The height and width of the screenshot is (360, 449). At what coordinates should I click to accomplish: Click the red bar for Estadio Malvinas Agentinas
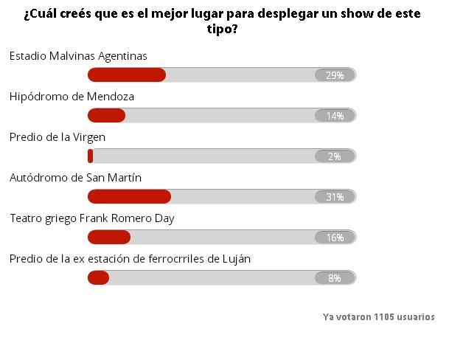(x=127, y=75)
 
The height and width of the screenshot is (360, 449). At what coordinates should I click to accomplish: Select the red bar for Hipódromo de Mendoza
(x=106, y=115)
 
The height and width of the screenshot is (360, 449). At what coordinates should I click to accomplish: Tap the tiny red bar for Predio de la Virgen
(x=90, y=156)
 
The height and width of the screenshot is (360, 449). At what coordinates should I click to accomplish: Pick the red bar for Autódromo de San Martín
(x=129, y=197)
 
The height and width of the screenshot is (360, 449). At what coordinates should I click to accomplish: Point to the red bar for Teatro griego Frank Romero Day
(x=109, y=237)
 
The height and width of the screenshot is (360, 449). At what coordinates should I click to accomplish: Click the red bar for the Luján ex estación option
(x=98, y=277)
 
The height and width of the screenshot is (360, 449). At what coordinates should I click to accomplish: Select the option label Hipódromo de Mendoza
(x=72, y=97)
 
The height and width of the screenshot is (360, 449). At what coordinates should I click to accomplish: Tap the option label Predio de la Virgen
(x=58, y=137)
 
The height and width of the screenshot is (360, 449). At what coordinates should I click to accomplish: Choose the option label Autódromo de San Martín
(x=75, y=178)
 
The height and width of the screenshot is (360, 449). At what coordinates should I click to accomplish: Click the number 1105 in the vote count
(x=385, y=317)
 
